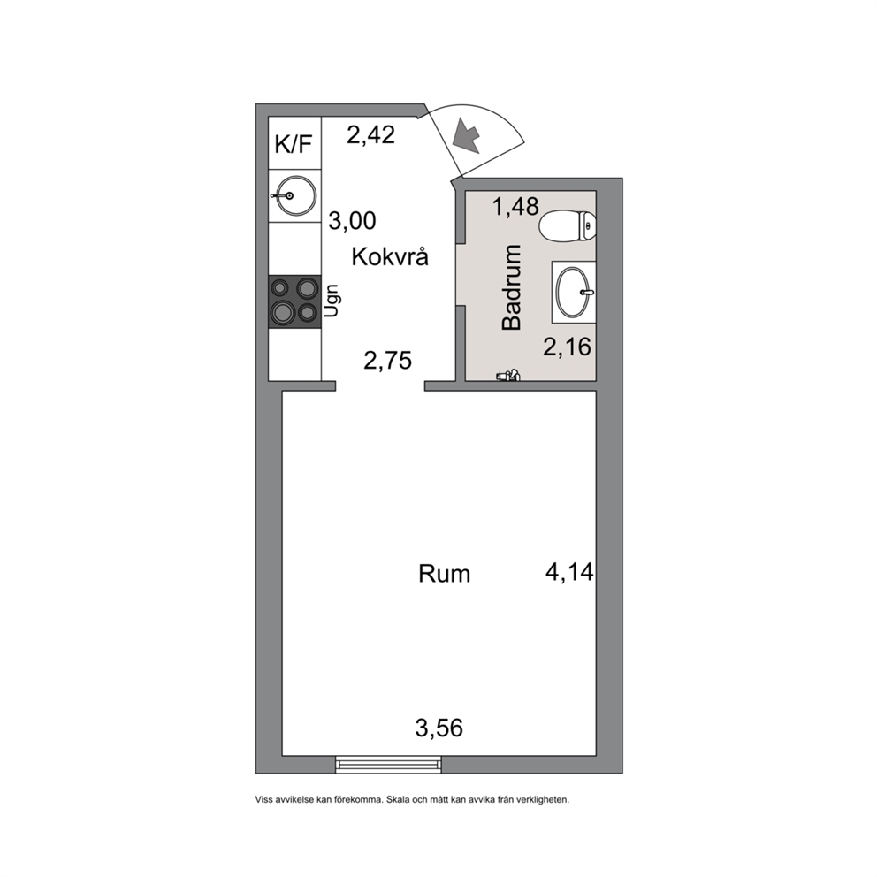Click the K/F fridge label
293,144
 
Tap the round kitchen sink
294,195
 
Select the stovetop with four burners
294,301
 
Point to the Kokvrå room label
390,256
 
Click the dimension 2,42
370,134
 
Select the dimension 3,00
352,221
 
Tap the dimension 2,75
387,361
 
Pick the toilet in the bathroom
568,226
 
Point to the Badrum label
513,287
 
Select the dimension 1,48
515,206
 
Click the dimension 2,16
568,347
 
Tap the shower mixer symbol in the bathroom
508,376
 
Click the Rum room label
444,574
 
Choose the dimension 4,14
569,572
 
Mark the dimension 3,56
439,728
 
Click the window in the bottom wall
388,764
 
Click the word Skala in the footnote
398,800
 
